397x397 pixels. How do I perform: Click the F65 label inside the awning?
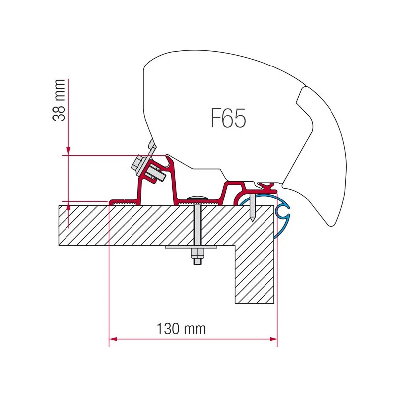point(228,118)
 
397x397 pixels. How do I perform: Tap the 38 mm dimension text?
point(59,100)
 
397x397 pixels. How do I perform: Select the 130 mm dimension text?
point(181,329)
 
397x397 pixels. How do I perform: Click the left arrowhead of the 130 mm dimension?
point(113,339)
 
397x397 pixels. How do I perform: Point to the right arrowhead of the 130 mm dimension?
point(274,339)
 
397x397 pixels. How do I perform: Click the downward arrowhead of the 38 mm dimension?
point(68,151)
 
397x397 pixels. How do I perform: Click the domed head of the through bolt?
point(197,198)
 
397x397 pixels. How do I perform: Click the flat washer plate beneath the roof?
point(191,247)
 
